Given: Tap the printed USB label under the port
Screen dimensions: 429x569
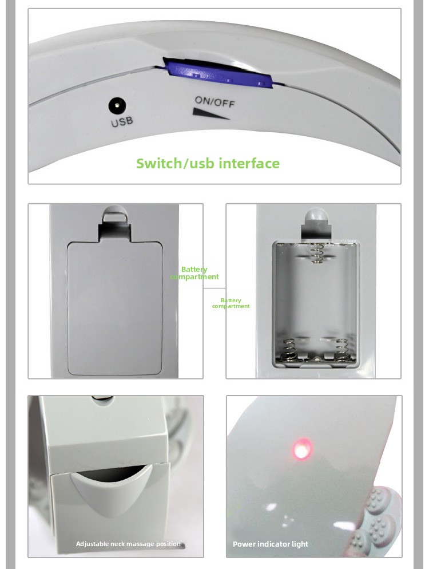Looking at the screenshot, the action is tap(122, 121).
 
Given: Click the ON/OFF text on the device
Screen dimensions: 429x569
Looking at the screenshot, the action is tap(214, 101).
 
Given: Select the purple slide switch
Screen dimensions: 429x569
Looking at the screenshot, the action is tap(218, 73).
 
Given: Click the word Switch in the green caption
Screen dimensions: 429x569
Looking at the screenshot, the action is tap(158, 163).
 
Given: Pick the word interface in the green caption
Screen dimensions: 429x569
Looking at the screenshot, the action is tap(249, 163).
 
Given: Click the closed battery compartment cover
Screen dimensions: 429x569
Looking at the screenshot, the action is tap(114, 308).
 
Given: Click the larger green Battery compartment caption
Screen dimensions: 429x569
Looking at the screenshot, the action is tap(194, 273).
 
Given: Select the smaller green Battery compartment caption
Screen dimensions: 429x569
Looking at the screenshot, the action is tap(231, 303).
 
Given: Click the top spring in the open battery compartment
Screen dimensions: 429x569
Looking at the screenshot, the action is tap(317, 253).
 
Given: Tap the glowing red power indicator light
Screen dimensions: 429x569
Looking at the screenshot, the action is tap(301, 449).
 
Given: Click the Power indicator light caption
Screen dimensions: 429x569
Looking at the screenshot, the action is tap(270, 544).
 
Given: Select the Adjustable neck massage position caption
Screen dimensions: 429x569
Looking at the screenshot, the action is tap(128, 544).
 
